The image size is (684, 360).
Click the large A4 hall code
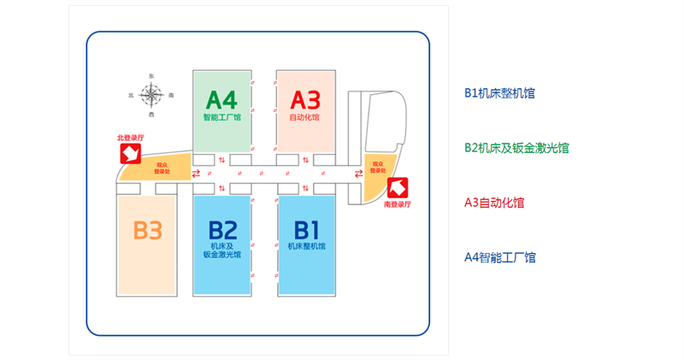(x=221, y=97)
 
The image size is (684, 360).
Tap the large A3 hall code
(x=304, y=97)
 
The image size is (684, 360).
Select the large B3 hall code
(x=147, y=230)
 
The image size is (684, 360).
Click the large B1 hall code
(x=306, y=229)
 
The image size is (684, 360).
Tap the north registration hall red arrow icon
(x=129, y=153)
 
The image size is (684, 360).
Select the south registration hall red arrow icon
(x=398, y=188)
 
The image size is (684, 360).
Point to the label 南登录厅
(x=398, y=205)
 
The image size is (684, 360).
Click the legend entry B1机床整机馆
(x=499, y=93)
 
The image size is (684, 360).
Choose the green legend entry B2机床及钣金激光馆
(x=516, y=148)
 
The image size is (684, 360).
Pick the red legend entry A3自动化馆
(x=494, y=203)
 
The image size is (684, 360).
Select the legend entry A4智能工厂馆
(x=499, y=257)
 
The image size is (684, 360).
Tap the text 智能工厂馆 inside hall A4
(x=221, y=118)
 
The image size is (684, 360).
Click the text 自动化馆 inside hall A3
(x=304, y=118)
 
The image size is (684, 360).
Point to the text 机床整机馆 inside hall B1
(x=306, y=247)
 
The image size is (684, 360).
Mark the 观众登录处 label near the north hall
(x=162, y=168)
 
